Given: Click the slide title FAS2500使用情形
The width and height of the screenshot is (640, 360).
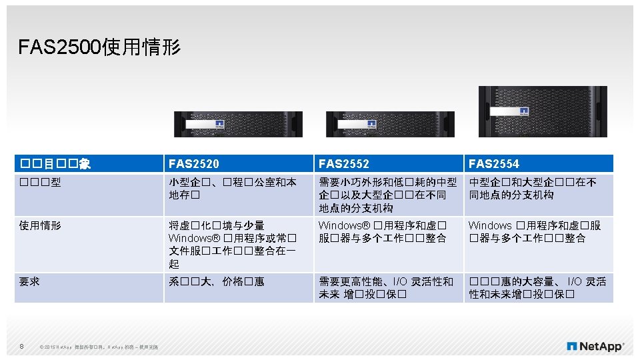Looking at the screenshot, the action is click(x=99, y=47).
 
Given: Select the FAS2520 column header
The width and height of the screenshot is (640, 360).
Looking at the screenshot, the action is click(x=194, y=164).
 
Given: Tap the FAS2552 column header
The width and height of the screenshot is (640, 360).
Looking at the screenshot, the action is click(x=344, y=164).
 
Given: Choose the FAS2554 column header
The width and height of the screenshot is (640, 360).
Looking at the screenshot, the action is click(x=494, y=164).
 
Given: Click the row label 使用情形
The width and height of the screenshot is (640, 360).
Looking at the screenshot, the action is click(x=41, y=226).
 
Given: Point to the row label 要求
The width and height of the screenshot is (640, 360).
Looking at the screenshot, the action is click(x=30, y=282).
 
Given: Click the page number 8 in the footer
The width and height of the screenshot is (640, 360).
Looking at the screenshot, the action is click(x=22, y=346).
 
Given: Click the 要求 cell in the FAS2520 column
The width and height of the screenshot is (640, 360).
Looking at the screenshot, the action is click(x=217, y=282).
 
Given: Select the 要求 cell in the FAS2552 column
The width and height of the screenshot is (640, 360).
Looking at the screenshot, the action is click(x=386, y=288).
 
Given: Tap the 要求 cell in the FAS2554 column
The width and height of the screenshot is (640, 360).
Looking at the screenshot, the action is click(x=537, y=288).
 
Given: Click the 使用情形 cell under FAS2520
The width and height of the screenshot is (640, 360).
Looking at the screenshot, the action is click(x=231, y=245).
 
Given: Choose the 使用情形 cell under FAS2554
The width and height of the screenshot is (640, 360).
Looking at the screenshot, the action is click(x=535, y=232).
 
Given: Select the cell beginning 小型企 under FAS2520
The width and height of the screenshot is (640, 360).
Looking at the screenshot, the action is click(x=232, y=189).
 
